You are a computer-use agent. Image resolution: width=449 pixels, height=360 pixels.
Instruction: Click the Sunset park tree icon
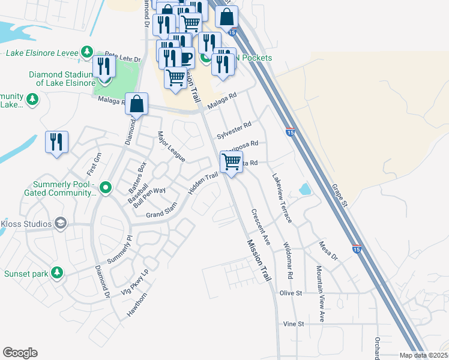point(57,273)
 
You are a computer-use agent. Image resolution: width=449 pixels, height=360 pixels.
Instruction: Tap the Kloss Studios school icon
point(61,224)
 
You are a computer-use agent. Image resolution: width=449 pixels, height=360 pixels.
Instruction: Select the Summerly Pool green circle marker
point(106,188)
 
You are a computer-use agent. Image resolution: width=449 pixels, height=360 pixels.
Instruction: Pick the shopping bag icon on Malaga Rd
point(137,104)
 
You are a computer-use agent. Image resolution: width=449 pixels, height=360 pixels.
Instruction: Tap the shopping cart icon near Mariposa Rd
point(231,161)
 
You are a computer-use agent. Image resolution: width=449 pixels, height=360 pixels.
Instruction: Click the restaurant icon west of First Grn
point(56,142)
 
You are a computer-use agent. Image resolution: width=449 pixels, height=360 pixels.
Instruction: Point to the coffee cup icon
point(185,58)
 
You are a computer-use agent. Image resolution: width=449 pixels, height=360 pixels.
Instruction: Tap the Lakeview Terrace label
point(282,199)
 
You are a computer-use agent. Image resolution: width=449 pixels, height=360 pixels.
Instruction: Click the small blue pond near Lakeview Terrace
point(304,190)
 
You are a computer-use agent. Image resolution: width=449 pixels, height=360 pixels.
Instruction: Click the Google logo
point(20,353)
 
